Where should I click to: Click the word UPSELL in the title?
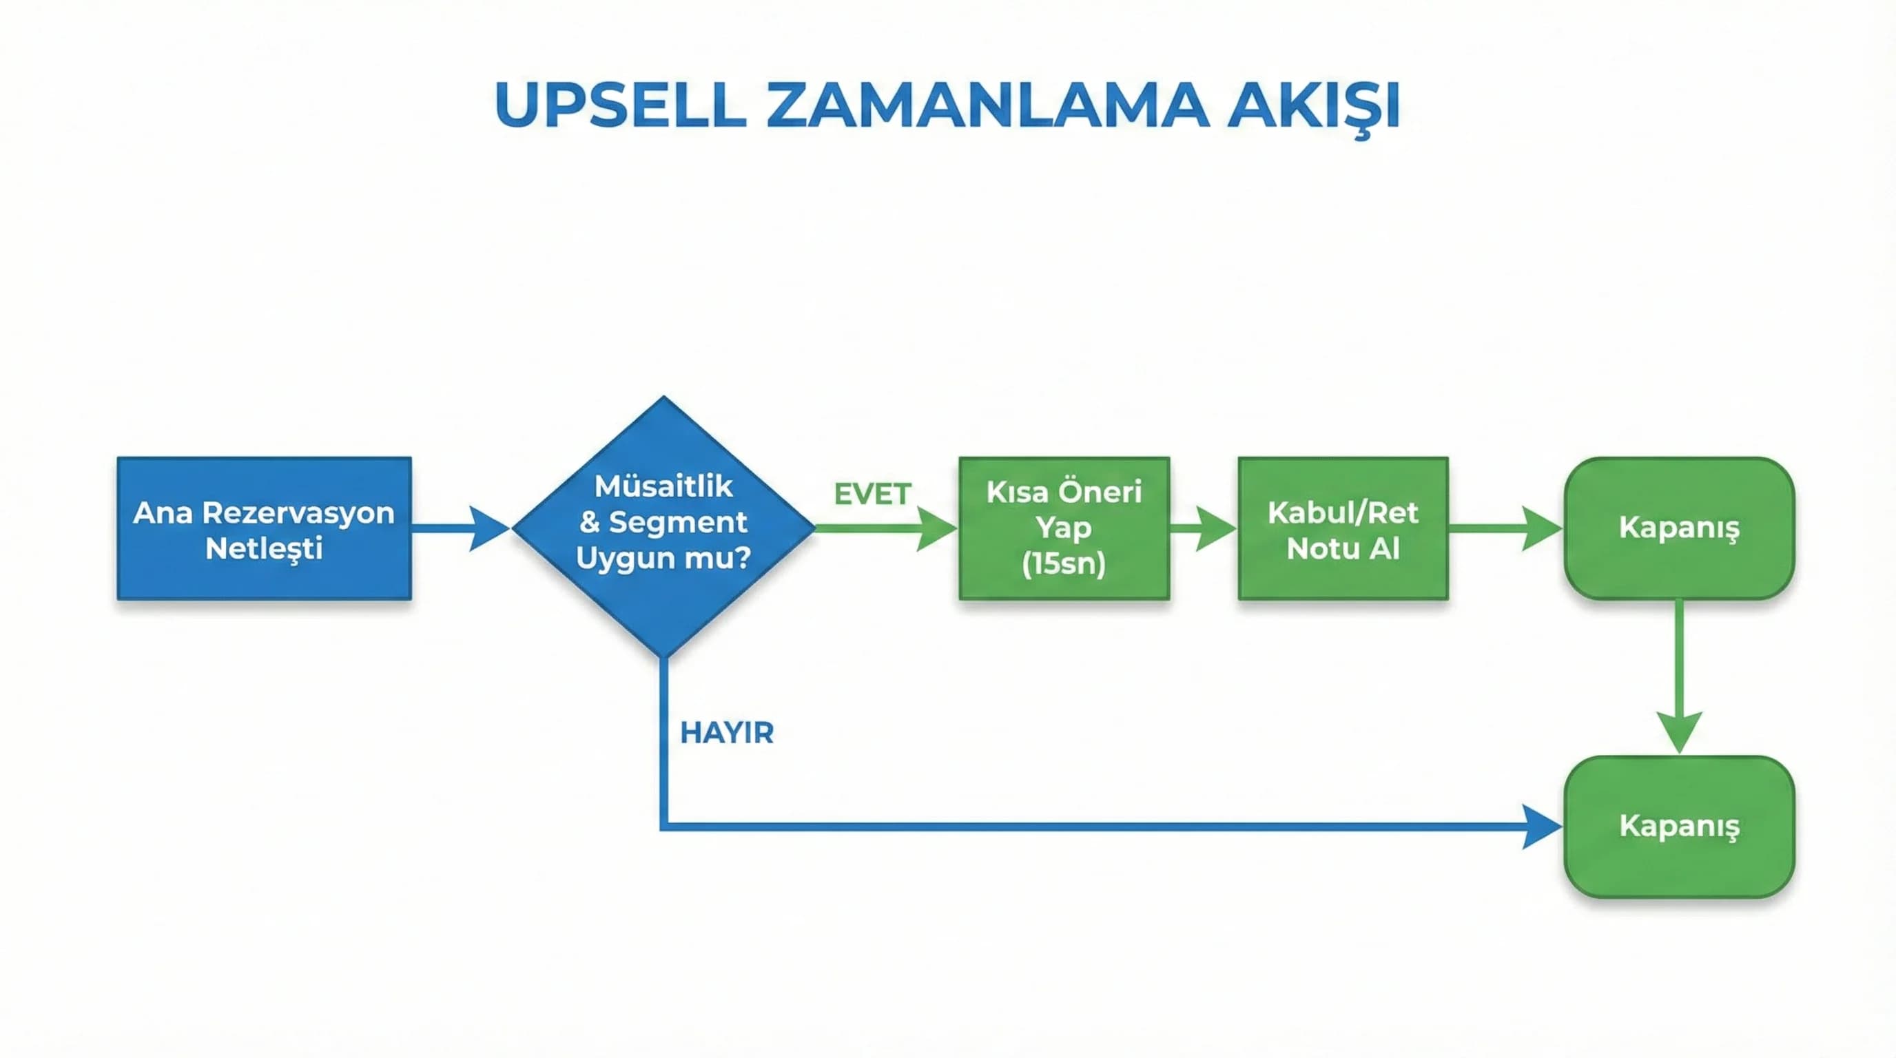pos(621,105)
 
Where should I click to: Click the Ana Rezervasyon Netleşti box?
pos(263,528)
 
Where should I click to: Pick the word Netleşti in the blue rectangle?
pos(263,549)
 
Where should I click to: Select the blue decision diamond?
pos(663,527)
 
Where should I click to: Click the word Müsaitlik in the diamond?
pos(663,486)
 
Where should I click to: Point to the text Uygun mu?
pos(663,558)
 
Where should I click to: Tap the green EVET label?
pos(872,494)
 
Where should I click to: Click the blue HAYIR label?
pos(726,733)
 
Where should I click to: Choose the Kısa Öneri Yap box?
pos(1064,528)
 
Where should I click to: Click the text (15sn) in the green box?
pos(1064,564)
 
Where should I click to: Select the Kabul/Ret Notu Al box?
pos(1343,528)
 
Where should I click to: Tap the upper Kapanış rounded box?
pos(1679,528)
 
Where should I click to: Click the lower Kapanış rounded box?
pos(1679,827)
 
